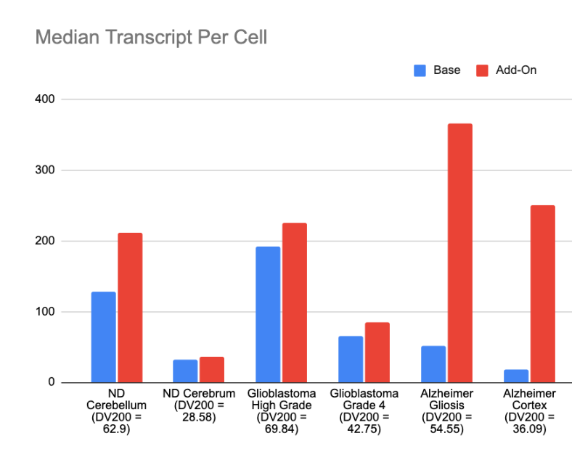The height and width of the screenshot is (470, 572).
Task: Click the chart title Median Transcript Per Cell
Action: (151, 37)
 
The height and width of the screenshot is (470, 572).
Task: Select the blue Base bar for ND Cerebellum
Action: (103, 337)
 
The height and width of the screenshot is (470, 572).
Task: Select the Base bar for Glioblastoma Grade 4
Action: (351, 359)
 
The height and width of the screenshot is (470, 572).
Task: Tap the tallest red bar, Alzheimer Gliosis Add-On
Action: (459, 253)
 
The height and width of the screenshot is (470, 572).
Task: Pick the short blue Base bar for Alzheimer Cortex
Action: (515, 376)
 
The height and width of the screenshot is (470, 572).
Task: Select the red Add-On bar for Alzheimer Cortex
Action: (542, 294)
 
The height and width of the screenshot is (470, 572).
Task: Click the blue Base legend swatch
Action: (420, 70)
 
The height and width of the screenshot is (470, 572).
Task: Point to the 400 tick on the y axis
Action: (45, 99)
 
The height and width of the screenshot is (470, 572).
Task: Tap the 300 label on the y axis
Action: (45, 170)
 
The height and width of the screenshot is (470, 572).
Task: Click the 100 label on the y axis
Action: (45, 312)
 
